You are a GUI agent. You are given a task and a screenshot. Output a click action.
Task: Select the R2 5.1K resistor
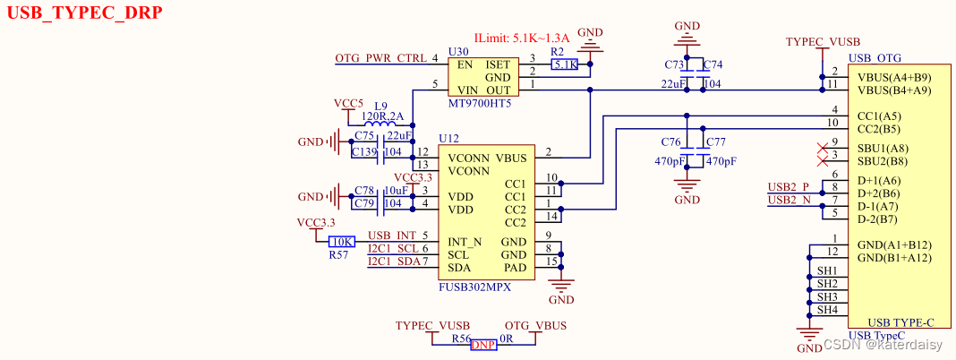coord(565,64)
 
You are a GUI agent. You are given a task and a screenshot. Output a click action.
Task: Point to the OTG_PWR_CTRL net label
coord(381,58)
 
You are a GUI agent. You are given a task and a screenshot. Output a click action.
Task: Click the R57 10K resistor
coord(342,242)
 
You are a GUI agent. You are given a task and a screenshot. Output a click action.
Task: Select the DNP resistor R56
coord(483,344)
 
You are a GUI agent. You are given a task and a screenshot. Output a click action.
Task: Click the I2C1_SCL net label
coord(393,248)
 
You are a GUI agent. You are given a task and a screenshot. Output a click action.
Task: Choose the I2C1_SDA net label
coord(393,261)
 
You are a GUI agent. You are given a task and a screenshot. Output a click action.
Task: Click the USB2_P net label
coord(788,186)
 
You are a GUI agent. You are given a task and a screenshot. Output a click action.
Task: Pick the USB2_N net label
coord(788,200)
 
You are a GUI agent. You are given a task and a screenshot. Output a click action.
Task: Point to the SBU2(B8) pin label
coord(882,161)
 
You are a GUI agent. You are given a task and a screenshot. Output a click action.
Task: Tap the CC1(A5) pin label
coord(879,116)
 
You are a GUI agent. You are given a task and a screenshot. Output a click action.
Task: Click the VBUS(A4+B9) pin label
coord(893,77)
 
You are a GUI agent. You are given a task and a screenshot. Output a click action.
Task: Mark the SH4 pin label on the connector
coord(827,310)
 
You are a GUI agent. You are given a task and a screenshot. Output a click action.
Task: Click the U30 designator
coord(457,52)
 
